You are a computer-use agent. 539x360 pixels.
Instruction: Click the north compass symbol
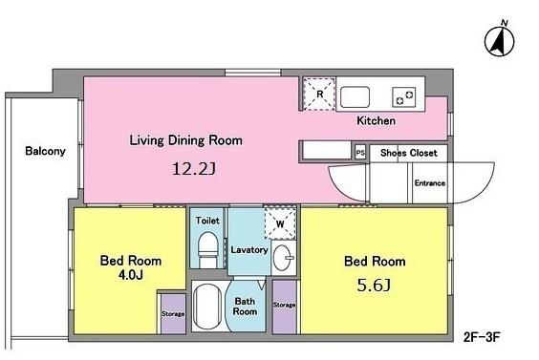point(500,41)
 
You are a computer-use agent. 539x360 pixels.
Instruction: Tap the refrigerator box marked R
point(319,95)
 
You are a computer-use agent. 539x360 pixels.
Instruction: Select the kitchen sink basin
point(355,96)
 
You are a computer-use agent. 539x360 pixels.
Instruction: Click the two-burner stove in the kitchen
point(404,96)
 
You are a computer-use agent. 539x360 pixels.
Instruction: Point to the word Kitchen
point(376,120)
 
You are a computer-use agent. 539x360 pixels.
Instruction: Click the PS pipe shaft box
point(360,153)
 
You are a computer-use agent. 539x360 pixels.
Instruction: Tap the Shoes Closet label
point(409,153)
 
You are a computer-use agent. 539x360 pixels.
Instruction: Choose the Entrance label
point(430,183)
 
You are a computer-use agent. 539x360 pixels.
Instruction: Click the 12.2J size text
point(194,169)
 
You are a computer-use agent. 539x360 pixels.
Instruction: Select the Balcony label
point(45,151)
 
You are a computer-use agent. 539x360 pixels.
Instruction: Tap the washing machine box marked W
point(280,223)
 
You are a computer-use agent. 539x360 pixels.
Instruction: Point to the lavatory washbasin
point(283,258)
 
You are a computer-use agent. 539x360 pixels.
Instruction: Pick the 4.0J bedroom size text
point(131,275)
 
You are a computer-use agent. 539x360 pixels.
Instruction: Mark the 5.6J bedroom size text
point(374,286)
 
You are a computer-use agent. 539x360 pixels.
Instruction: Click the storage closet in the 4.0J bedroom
point(173,313)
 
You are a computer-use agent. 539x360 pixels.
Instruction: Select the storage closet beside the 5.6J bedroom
point(284,307)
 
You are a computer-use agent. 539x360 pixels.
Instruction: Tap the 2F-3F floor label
point(482,337)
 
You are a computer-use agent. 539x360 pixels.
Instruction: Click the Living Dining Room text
point(186,140)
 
